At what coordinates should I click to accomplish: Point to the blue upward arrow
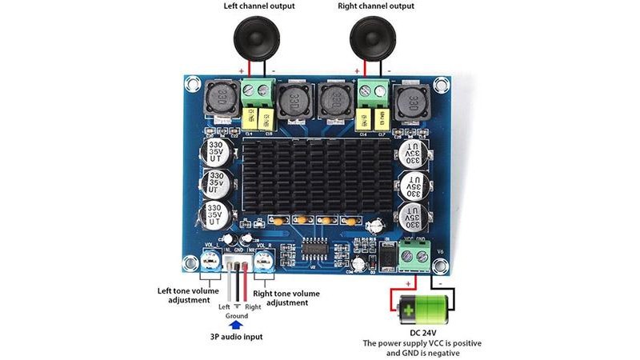(236, 326)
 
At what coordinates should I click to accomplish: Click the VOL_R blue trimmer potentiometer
(265, 258)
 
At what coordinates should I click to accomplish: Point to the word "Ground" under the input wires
(236, 316)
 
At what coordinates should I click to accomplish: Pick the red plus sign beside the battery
(409, 283)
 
